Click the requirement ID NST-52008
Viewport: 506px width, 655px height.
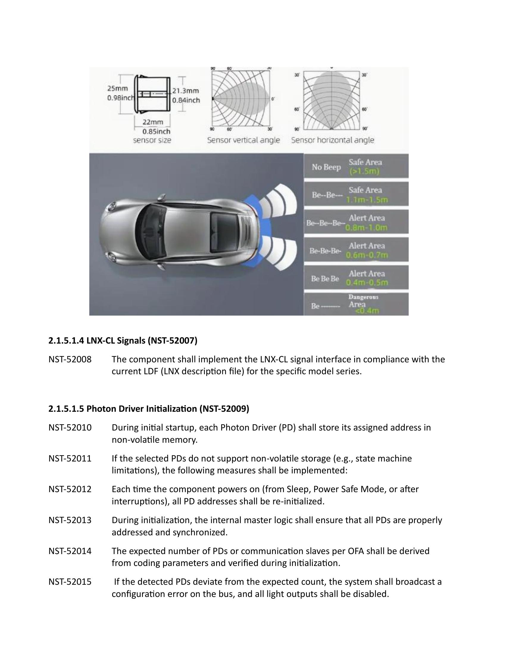pos(70,359)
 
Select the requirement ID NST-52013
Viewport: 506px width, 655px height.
pos(70,520)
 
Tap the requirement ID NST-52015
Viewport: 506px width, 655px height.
pos(70,582)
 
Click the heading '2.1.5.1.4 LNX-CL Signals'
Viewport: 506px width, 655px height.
pos(123,341)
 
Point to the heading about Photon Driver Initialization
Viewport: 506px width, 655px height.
pos(149,409)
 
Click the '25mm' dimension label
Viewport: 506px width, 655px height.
pos(118,88)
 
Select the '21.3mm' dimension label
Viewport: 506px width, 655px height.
pos(185,91)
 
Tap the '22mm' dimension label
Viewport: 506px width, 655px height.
pos(153,122)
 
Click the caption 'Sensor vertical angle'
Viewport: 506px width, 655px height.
pos(243,140)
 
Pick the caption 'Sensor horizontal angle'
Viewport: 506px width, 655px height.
pos(332,140)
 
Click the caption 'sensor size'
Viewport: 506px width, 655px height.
pos(152,140)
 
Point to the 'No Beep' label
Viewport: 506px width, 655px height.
pos(326,167)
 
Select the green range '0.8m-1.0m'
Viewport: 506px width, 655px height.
pos(366,228)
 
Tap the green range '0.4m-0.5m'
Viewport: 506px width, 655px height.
pos(367,283)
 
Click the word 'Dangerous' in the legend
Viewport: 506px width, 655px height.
pos(363,297)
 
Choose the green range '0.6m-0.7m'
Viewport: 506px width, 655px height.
pos(367,255)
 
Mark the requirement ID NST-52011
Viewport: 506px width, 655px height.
pos(70,458)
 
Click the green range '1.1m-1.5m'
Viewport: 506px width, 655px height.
pos(367,200)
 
